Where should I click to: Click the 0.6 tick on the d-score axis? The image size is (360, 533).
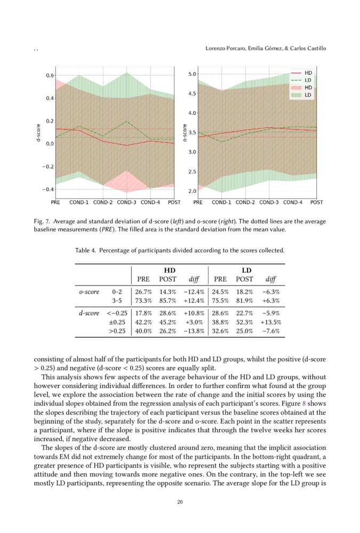pos(49,76)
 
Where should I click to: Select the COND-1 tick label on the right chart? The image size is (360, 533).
pos(221,203)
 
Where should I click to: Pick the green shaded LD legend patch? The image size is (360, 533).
pos(297,95)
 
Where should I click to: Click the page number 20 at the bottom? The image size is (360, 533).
pos(180,502)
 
